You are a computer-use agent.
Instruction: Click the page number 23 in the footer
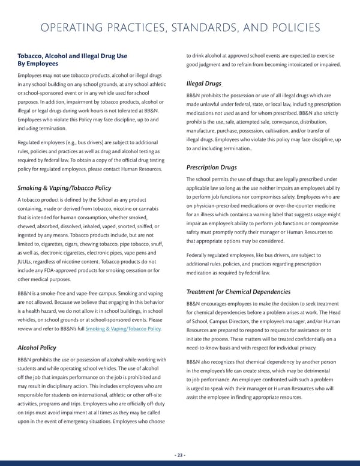point(180,455)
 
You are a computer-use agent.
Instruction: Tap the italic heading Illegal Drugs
point(204,85)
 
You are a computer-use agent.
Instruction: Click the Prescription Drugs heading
point(211,167)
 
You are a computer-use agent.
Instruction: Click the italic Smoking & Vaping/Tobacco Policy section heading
point(64,187)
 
